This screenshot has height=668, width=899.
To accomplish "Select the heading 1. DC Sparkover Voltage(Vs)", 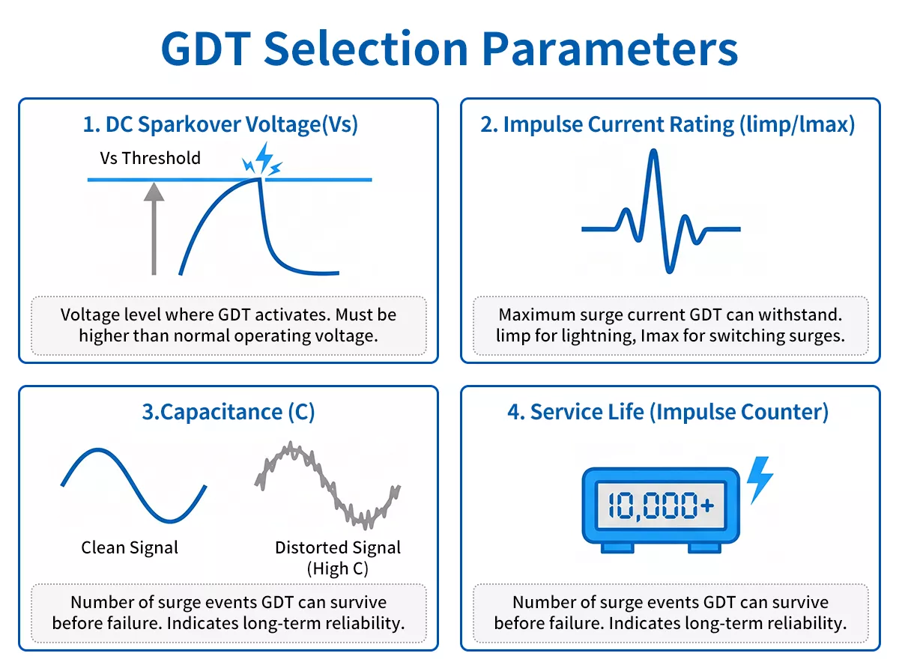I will (x=220, y=124).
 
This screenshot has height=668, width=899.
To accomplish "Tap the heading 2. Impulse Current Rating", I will (x=667, y=124).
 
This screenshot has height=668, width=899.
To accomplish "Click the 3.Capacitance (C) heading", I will (x=228, y=412).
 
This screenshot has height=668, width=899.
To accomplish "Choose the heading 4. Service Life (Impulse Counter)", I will (x=668, y=412).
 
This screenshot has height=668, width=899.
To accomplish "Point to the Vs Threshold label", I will (x=150, y=158).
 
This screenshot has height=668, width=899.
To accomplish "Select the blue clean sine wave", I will (x=133, y=485).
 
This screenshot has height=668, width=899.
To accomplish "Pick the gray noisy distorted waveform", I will (x=327, y=485).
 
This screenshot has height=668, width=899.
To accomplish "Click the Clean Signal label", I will (x=130, y=547).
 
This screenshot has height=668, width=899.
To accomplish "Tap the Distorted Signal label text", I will (x=337, y=547).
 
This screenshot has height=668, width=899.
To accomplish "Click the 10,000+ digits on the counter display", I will (x=660, y=505).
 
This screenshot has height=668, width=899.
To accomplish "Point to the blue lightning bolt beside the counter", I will (x=760, y=480).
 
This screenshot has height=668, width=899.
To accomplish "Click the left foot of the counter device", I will (x=616, y=548).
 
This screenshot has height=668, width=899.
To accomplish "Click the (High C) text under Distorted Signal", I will (x=337, y=568).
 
